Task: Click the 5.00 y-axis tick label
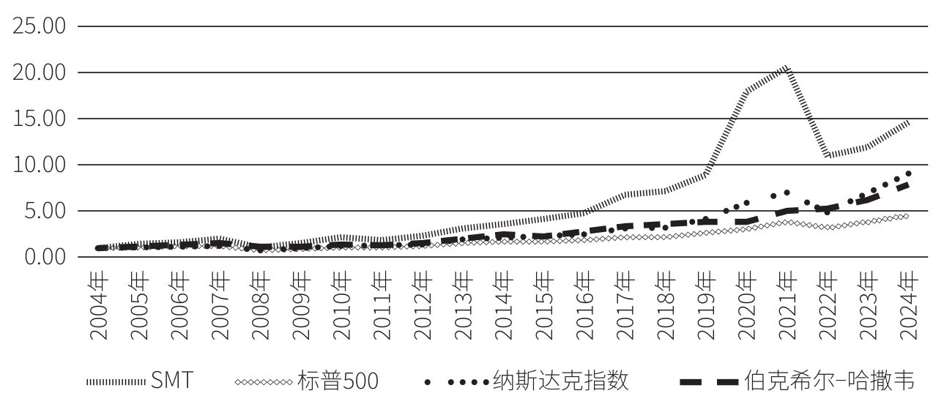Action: tap(45, 212)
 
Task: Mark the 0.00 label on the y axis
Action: tap(45, 258)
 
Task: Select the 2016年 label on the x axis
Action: tap(584, 306)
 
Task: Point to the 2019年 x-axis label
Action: tap(705, 306)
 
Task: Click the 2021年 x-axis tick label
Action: tap(786, 306)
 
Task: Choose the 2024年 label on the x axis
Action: tap(907, 306)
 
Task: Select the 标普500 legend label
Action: tap(338, 381)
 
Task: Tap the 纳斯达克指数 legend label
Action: tap(560, 381)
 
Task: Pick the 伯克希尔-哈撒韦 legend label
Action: tap(828, 381)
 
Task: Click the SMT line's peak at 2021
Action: tap(786, 67)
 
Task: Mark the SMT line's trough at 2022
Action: tap(827, 155)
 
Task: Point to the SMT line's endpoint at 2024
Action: tap(908, 122)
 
